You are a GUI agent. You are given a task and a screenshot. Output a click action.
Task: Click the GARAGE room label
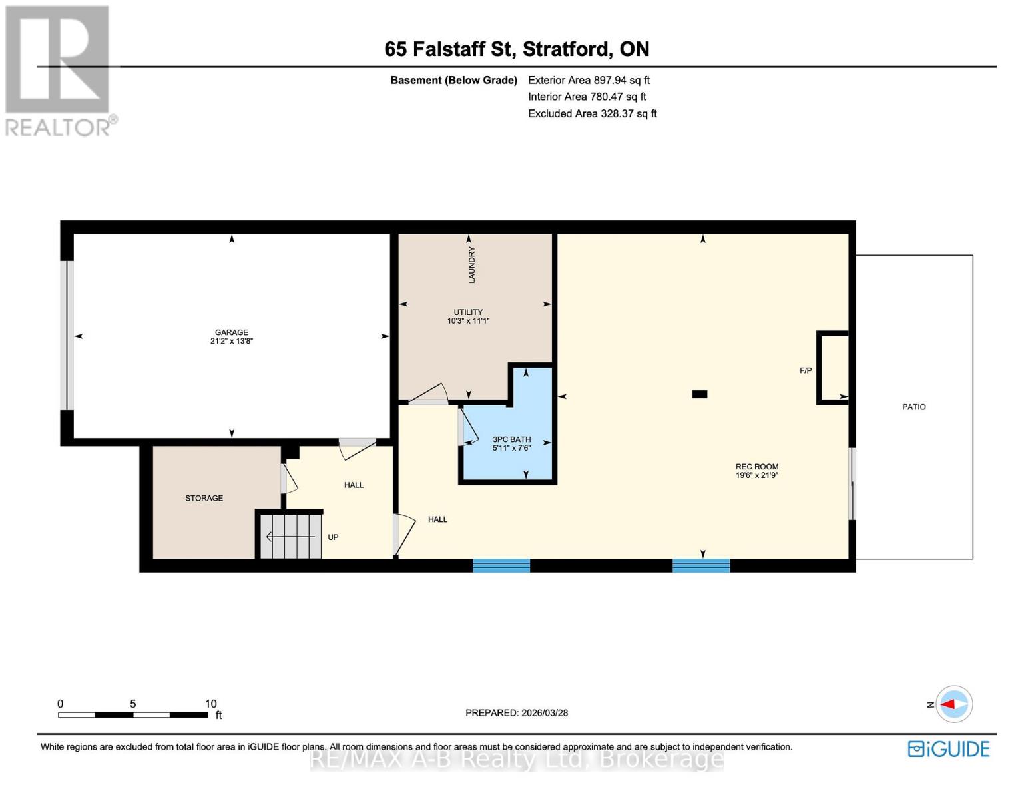[x=231, y=332]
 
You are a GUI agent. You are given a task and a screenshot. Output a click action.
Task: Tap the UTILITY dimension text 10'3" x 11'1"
[x=468, y=321]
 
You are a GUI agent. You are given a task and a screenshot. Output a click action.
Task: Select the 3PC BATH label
[x=511, y=439]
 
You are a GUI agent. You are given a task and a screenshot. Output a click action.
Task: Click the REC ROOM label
[x=756, y=467]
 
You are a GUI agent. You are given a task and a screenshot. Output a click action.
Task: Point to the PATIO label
[x=913, y=407]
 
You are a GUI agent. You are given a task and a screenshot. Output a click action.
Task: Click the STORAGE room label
[x=204, y=498]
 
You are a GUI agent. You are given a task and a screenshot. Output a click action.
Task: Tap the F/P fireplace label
[x=805, y=370]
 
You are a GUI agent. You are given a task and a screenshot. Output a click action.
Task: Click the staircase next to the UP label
[x=289, y=536]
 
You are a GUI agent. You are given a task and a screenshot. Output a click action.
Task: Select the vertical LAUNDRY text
[x=471, y=264]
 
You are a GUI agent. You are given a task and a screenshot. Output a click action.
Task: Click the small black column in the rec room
[x=699, y=394]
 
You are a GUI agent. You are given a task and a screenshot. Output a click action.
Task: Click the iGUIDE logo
[x=948, y=749]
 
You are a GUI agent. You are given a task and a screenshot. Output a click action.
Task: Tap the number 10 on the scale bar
[x=210, y=704]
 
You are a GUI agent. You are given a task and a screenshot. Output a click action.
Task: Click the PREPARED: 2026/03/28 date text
[x=517, y=712]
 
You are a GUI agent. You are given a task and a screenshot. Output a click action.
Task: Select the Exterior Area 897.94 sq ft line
[x=589, y=80]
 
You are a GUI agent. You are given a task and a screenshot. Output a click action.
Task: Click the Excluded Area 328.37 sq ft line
[x=592, y=113]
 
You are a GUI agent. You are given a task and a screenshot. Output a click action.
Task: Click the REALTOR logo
[x=59, y=70]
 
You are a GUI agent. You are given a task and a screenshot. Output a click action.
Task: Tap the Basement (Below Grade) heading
[x=453, y=80]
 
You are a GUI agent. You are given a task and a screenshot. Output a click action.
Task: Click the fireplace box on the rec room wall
[x=833, y=368]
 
